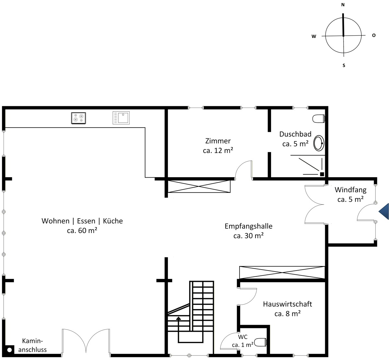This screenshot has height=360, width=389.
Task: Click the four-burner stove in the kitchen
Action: click(x=78, y=118)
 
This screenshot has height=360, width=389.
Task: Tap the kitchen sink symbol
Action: click(x=121, y=118)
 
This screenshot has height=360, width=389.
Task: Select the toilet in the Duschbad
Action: click(x=319, y=119)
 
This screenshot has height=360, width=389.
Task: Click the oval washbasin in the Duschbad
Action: click(x=319, y=143)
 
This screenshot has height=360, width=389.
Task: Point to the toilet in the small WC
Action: click(x=260, y=342)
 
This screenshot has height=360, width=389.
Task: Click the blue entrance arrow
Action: click(x=383, y=211)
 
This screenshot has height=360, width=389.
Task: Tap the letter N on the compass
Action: click(x=343, y=5)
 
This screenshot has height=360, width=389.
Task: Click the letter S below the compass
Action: click(x=344, y=65)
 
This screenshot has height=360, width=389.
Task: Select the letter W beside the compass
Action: click(x=314, y=36)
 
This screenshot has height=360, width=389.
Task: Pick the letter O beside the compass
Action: click(x=374, y=35)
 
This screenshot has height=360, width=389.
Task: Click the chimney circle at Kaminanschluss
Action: click(x=9, y=350)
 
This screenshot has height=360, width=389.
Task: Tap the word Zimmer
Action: click(x=218, y=141)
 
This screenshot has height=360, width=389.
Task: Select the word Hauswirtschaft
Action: click(x=287, y=304)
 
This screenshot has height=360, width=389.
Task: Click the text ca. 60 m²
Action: click(x=82, y=230)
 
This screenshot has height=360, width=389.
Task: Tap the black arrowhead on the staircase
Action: click(x=178, y=318)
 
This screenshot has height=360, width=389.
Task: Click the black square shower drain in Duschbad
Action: click(x=322, y=174)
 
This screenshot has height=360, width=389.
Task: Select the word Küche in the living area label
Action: click(x=113, y=221)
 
